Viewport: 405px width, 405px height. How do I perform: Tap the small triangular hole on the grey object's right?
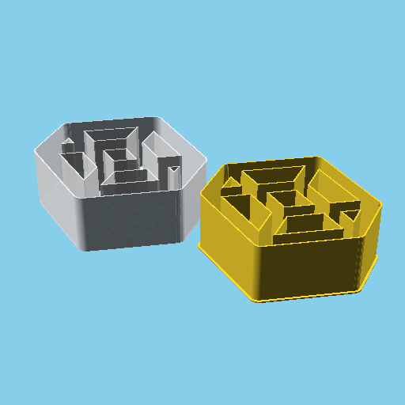(174, 168)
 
